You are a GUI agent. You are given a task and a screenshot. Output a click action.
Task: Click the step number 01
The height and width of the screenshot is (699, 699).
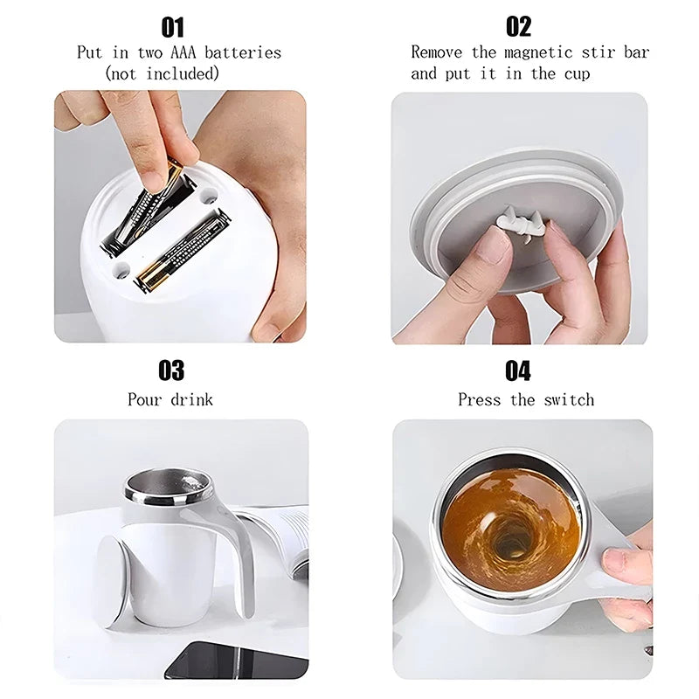point(172,27)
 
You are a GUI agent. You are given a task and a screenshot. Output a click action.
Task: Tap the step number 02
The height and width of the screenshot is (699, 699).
point(518,27)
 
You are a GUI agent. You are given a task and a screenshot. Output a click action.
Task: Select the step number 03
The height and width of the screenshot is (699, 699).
point(171,370)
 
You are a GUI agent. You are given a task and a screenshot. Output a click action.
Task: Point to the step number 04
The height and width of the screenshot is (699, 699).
point(518,370)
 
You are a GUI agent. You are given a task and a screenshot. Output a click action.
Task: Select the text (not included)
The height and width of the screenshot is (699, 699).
point(163,74)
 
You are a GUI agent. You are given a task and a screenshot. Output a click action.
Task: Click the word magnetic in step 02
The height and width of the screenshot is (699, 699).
point(536,52)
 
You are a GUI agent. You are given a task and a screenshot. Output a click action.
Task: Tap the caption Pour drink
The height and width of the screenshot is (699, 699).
point(170,400)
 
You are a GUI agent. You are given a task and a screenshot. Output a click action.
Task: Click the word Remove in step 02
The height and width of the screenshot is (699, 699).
point(437,52)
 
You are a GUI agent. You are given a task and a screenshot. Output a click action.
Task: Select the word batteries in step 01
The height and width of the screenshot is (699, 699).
point(245,52)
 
